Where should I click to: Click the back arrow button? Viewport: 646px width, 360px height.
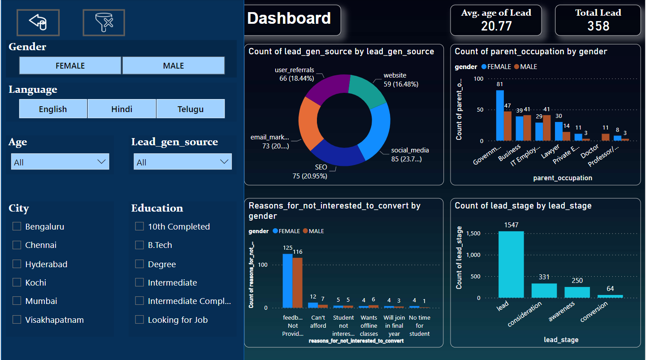click(x=38, y=22)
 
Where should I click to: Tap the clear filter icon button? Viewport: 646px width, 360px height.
click(x=104, y=22)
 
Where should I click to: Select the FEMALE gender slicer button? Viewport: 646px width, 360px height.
click(x=70, y=65)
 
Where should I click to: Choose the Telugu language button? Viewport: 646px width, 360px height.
click(x=191, y=109)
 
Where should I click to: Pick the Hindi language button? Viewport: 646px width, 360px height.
click(x=121, y=109)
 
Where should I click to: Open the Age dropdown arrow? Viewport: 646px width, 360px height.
click(x=102, y=162)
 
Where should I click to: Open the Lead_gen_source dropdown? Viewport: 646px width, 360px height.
click(x=182, y=162)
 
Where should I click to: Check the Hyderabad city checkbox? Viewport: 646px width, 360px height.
click(x=17, y=264)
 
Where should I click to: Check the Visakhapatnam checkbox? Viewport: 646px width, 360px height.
click(x=17, y=320)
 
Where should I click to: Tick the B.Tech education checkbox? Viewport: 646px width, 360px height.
click(x=139, y=245)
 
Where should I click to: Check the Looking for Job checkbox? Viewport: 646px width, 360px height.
click(x=139, y=320)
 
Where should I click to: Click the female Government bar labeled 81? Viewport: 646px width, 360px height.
click(x=500, y=116)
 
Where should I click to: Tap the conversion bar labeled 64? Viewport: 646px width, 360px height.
click(x=610, y=296)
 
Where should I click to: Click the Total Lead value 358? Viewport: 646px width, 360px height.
click(x=598, y=26)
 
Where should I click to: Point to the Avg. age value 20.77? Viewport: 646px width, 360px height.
click(x=496, y=26)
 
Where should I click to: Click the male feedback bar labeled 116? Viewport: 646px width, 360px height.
click(x=298, y=282)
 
